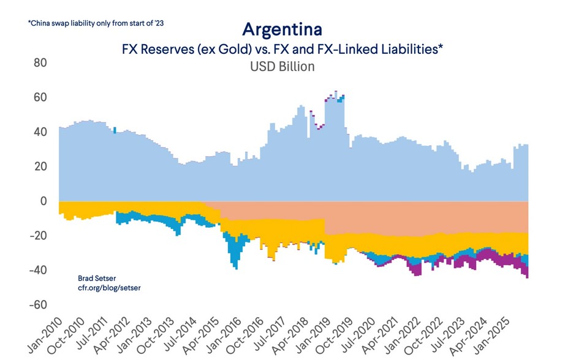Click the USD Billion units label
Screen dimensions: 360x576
point(282,66)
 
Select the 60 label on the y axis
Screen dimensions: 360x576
point(40,97)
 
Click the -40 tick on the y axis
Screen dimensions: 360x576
point(38,270)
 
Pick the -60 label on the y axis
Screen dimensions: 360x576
point(38,305)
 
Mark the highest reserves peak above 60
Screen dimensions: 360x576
point(335,92)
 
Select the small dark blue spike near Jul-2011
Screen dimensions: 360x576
point(115,129)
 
